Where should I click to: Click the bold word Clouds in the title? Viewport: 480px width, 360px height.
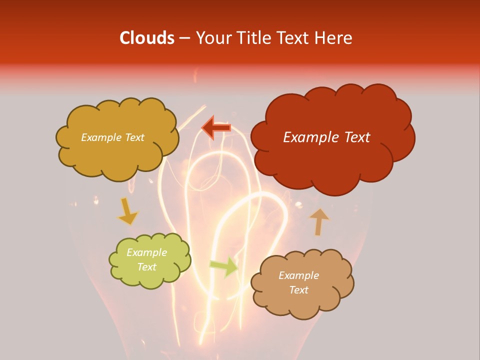147,38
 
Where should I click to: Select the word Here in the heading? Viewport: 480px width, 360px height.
334,38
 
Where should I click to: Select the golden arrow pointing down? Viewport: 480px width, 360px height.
127,211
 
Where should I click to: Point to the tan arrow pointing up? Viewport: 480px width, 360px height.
319,221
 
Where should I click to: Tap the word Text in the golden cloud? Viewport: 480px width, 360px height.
134,137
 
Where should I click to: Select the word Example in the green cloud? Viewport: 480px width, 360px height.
147,252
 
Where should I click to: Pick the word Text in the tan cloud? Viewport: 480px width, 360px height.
298,290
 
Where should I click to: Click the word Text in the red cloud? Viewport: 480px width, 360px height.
355,137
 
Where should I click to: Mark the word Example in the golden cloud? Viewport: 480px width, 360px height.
100,137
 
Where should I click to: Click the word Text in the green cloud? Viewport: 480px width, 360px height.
147,267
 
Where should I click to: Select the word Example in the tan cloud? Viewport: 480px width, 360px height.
298,275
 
